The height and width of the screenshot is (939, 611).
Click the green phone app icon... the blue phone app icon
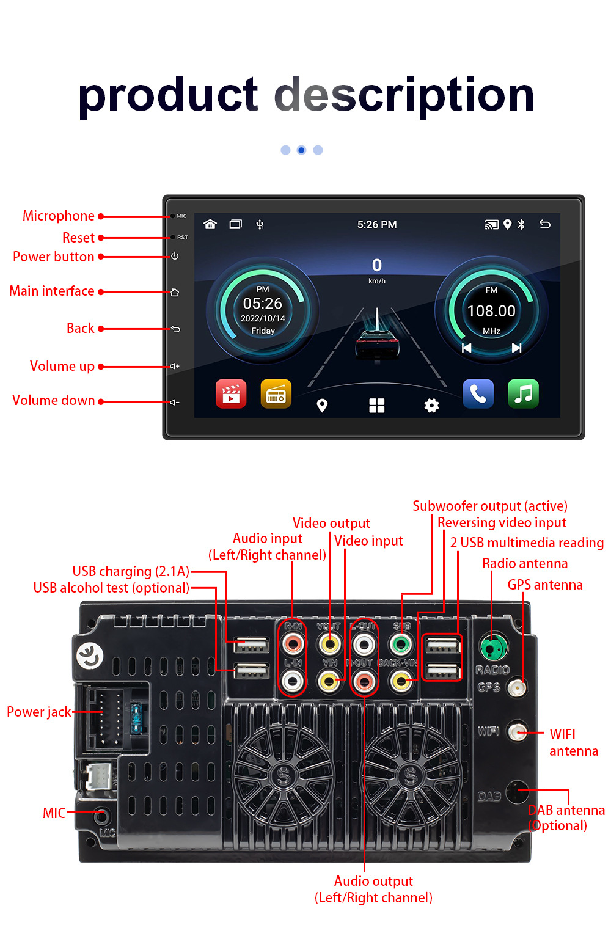[x=478, y=394]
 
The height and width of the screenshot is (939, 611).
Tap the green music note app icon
[x=523, y=394]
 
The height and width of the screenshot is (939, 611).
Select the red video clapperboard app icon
[x=231, y=394]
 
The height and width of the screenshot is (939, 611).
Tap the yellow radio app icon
[x=276, y=394]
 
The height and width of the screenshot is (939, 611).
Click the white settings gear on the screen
[x=431, y=406]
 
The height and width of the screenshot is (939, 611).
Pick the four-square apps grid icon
[x=377, y=406]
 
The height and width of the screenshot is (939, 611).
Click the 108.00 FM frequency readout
[x=491, y=311]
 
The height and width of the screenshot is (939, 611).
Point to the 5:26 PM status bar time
[x=377, y=225]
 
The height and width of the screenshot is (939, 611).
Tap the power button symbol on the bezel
[x=175, y=256]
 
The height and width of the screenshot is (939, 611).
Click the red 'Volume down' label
[x=54, y=401]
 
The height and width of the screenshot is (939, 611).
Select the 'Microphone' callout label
[x=59, y=216]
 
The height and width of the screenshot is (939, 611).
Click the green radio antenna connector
[x=492, y=646]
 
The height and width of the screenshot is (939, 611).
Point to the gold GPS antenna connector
[x=518, y=688]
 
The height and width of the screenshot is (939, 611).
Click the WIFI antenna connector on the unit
[x=518, y=732]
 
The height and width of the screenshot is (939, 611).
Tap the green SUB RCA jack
[x=401, y=644]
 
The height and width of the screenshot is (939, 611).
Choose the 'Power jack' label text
[x=39, y=712]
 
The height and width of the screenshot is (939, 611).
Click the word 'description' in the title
[x=404, y=95]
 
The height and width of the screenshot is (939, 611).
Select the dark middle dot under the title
[x=301, y=150]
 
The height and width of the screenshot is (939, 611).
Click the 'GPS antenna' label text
[x=545, y=585]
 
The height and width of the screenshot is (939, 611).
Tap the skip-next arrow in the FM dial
[x=516, y=348]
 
